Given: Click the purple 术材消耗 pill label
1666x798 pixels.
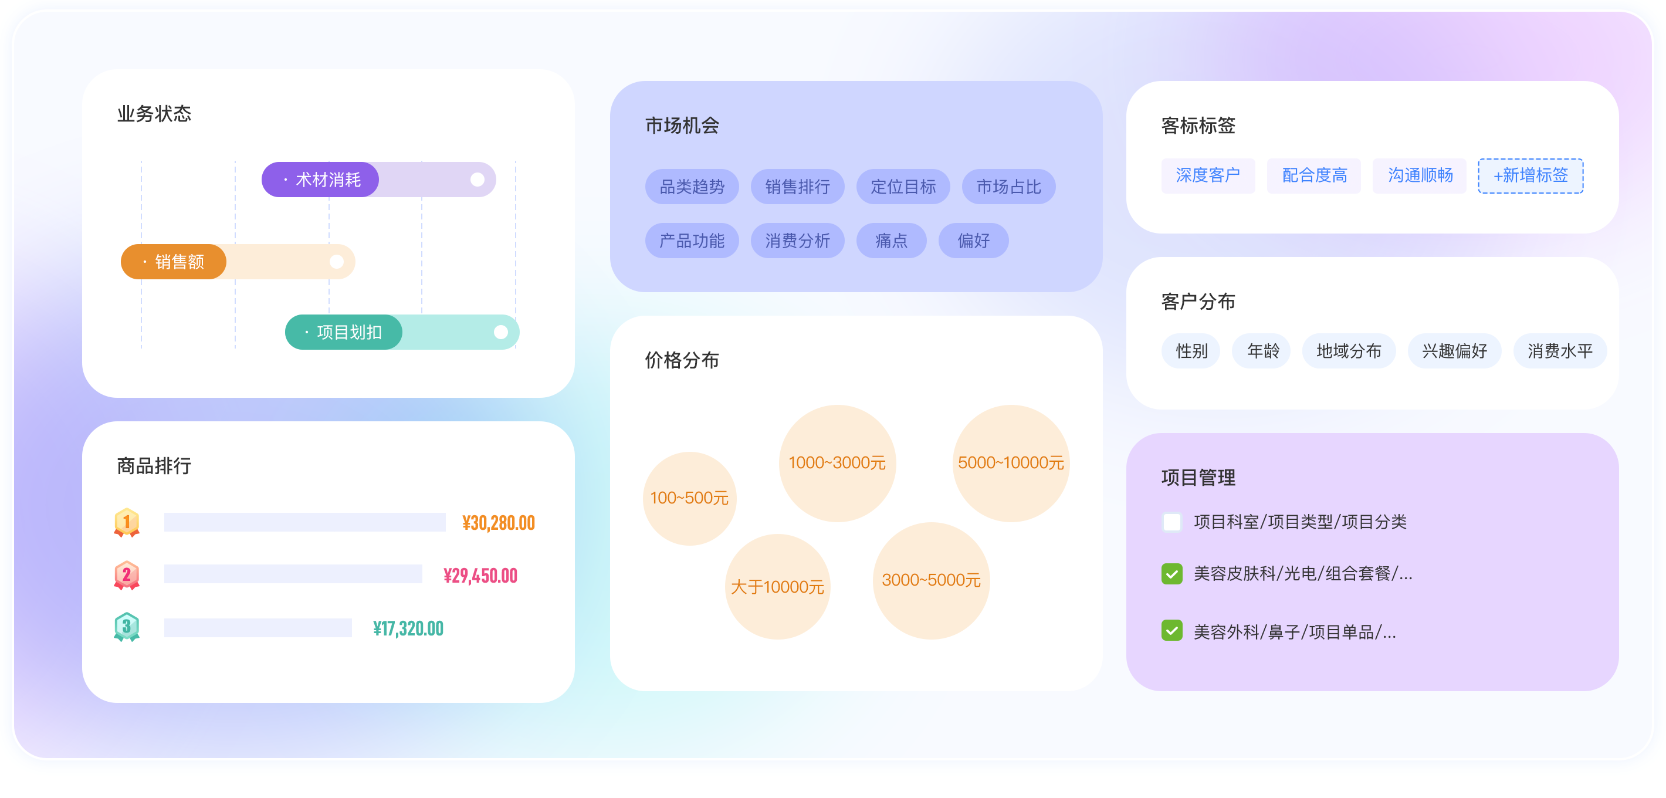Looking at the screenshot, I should [320, 180].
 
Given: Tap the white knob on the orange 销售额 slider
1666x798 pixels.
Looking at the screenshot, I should [336, 262].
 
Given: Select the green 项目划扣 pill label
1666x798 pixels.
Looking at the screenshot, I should [343, 332].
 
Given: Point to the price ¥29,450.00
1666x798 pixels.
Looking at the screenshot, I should [480, 576].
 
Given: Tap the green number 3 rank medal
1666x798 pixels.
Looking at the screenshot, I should [127, 627].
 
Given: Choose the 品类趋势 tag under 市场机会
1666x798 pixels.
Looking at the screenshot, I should [692, 187].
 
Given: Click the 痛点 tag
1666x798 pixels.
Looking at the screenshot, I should [891, 241].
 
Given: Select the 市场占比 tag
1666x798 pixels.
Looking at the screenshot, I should [1008, 187].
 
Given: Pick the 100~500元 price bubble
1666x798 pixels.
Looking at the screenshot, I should [689, 498].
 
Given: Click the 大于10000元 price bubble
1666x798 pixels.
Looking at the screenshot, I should [777, 587].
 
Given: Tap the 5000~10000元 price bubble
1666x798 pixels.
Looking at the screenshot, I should [1010, 463].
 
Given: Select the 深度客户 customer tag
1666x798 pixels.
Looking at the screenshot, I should [1207, 175].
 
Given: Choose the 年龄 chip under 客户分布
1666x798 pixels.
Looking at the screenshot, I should [1262, 351].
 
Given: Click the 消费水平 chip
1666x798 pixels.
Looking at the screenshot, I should [1559, 351].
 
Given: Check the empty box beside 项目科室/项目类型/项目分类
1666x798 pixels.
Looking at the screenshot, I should [1172, 522].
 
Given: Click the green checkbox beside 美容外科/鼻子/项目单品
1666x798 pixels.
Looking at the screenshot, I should [1172, 631].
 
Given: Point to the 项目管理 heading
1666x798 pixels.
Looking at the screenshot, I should [1198, 477].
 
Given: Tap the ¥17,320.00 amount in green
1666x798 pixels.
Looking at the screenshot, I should [408, 628].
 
